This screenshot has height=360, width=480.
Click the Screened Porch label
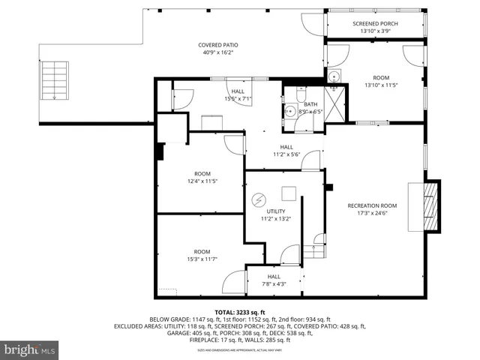(x=375, y=24)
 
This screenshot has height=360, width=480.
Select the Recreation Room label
(x=372, y=205)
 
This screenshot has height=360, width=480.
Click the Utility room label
(x=275, y=211)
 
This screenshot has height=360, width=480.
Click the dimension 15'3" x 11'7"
(x=202, y=259)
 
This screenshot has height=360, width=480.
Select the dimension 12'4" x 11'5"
(x=202, y=181)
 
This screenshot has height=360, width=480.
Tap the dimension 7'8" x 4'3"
(x=275, y=283)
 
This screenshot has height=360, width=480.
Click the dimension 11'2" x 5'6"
(x=286, y=154)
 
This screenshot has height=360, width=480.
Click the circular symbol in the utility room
(x=259, y=200)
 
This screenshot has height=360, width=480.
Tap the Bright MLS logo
(x=30, y=350)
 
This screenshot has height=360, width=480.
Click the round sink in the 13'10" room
(x=333, y=76)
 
